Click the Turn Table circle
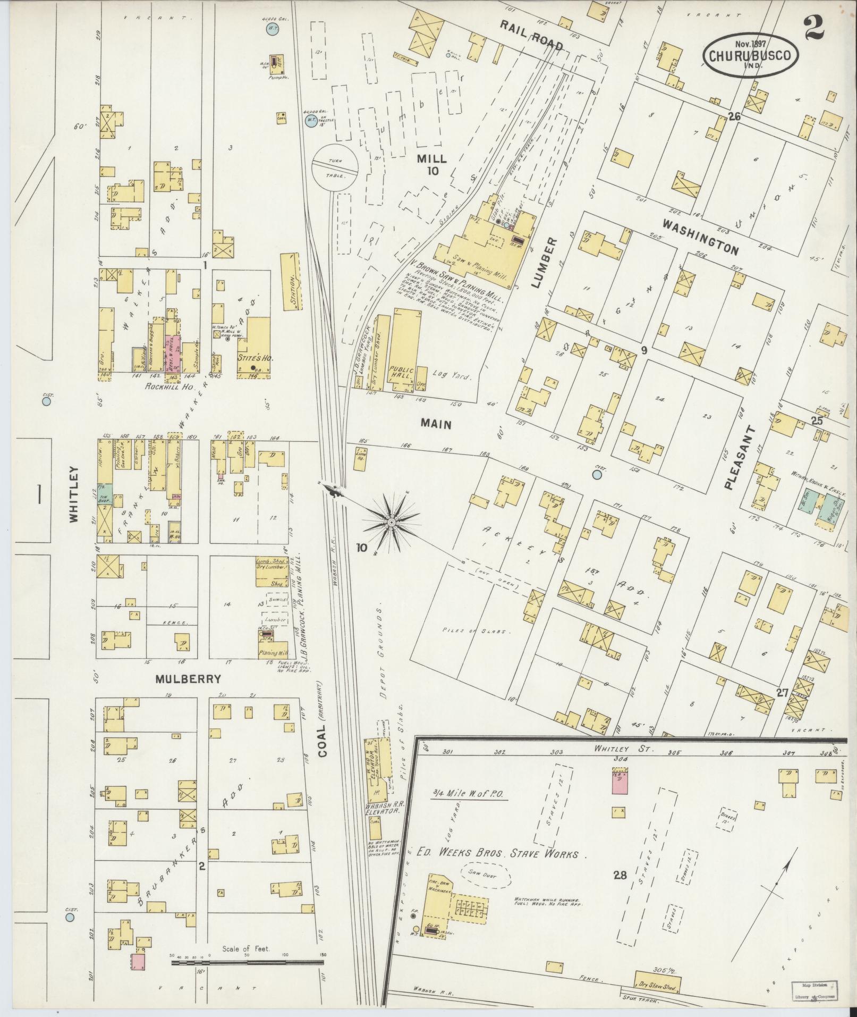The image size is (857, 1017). click(335, 168)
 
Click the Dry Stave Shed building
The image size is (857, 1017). click(658, 980)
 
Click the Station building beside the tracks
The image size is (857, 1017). click(291, 281)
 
